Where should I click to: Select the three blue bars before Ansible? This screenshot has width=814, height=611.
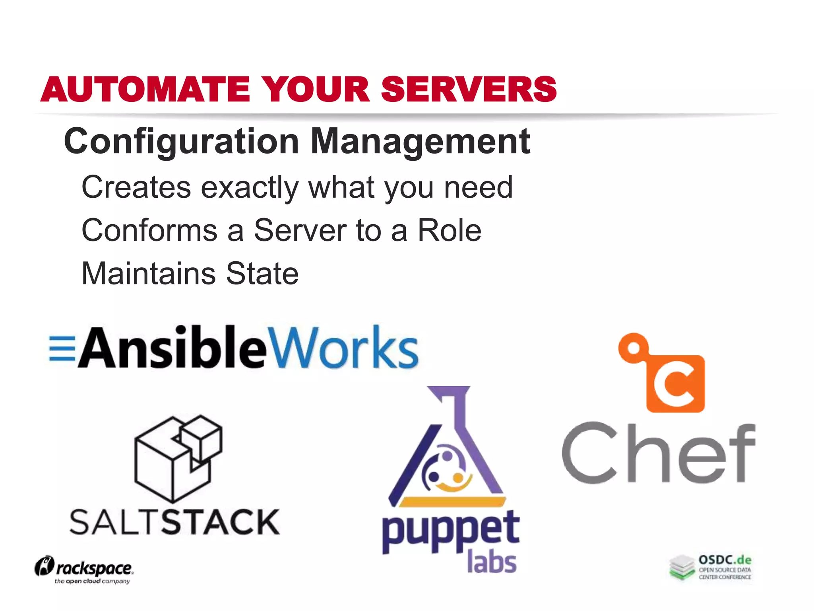tap(62, 349)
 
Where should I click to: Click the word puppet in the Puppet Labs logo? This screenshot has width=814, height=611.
tap(450, 531)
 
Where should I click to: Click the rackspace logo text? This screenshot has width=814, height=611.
tap(94, 568)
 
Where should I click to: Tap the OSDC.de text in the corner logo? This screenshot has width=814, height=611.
tap(725, 560)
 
